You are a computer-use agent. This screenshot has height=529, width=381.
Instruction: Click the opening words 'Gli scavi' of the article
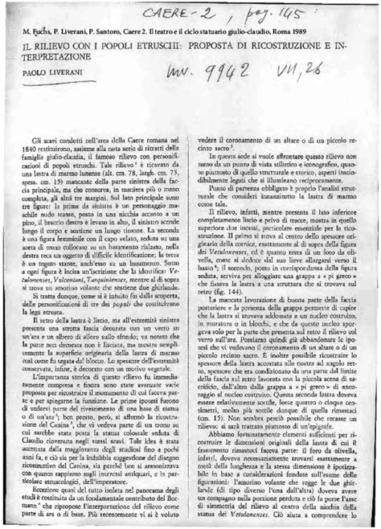pyautogui.click(x=55, y=137)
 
